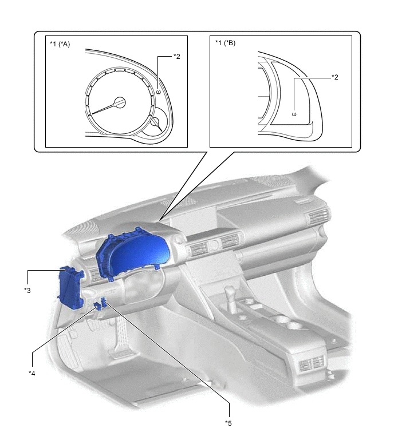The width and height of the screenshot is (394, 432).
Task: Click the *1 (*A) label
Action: pos(60,44)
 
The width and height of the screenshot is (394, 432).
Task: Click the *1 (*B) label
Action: pos(225,43)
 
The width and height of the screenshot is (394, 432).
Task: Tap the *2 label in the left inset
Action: pos(177,57)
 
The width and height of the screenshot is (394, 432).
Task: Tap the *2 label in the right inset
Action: pos(334,77)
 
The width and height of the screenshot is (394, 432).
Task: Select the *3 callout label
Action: pos(27,291)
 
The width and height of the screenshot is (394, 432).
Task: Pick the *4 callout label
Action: pos(32,373)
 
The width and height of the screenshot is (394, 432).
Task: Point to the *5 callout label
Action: pos(228,423)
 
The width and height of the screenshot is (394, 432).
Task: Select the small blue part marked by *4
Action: pos(97,306)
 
